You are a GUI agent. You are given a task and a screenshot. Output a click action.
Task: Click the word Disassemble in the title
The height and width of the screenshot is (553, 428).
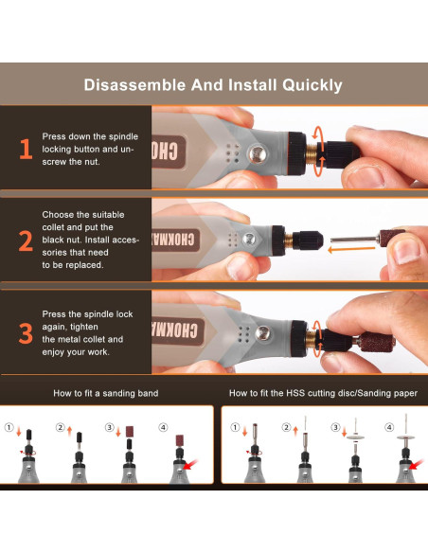click(x=134, y=85)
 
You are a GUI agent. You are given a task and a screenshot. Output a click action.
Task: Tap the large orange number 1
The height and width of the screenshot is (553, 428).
click(x=25, y=150)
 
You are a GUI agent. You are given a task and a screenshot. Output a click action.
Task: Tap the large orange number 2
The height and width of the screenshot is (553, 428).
click(x=25, y=241)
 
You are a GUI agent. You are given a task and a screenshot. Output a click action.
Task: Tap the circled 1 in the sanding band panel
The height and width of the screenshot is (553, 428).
click(x=10, y=428)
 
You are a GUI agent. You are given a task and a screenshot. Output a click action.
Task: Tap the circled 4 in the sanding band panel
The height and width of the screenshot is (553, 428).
click(x=164, y=428)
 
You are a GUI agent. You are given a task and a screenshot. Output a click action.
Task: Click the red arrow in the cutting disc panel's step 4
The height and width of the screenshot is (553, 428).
click(x=411, y=465)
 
